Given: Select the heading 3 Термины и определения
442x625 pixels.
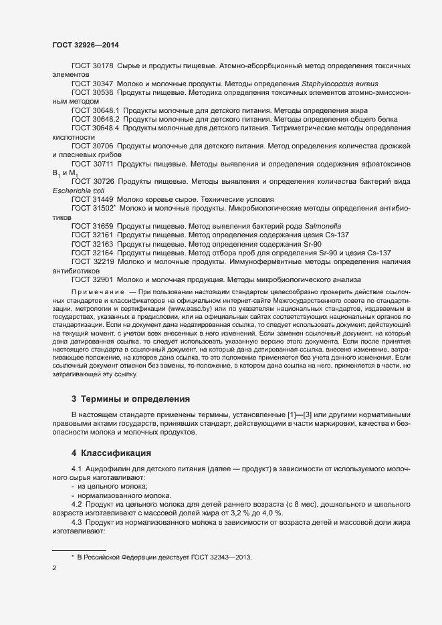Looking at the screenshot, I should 131,399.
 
